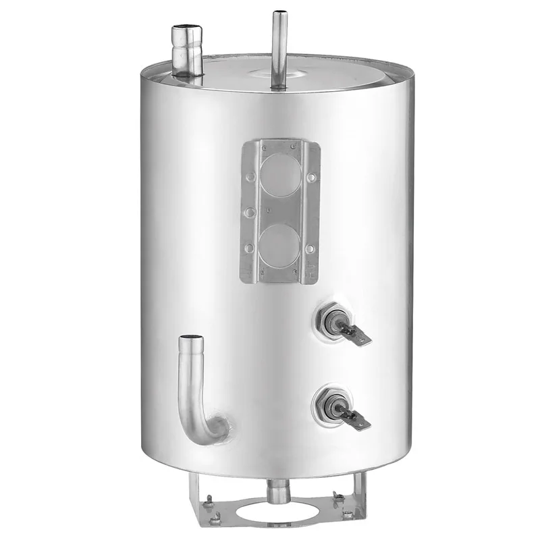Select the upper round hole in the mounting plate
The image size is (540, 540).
[x=279, y=175]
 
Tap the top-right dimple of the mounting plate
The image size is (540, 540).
[x=311, y=178]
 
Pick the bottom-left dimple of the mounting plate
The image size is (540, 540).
[x=250, y=248]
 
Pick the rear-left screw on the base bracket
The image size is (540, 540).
[x=210, y=500]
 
